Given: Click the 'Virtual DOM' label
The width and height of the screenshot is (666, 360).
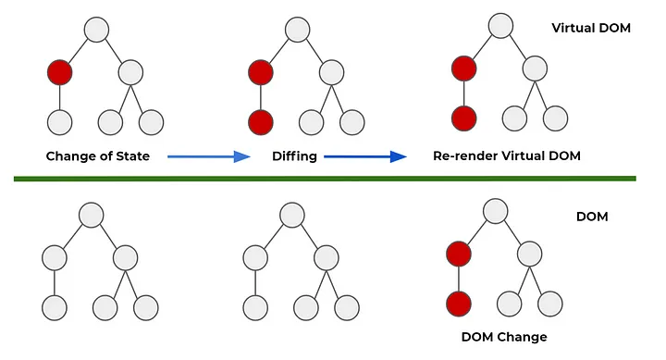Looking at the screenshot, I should point(592,29).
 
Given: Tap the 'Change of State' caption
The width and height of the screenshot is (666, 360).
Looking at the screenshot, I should point(98,156).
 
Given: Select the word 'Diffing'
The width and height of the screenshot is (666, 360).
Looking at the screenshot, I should point(295,156).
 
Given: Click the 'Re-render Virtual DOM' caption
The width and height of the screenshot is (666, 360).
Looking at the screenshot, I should point(506,156).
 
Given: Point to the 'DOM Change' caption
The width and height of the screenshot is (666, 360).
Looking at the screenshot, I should point(504,336).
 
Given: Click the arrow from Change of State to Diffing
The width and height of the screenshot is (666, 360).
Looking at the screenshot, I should point(208,156).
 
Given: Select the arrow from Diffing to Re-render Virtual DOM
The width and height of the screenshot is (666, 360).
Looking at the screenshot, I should point(365,156).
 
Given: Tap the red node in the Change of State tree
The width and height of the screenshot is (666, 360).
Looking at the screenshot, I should point(60,72).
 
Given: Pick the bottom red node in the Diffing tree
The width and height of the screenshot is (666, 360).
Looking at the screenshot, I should point(262,120).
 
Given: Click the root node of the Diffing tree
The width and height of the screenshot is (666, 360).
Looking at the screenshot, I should point(297,29).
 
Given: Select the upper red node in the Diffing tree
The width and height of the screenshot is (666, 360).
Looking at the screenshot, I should point(262,72).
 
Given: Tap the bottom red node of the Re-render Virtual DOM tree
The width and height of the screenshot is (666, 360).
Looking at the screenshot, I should point(463,118).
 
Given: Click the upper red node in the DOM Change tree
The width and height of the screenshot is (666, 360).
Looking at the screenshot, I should point(459,254).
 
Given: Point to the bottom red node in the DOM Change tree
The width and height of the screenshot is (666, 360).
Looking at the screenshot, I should point(459,302).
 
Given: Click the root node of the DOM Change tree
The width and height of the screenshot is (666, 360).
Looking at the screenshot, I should point(494,210).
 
